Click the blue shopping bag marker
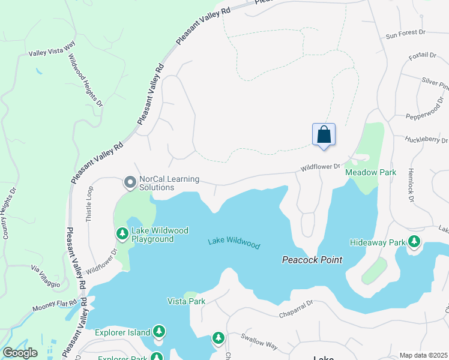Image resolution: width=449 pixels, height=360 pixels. tap(324, 134)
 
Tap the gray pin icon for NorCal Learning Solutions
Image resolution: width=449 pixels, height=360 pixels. tap(129, 181)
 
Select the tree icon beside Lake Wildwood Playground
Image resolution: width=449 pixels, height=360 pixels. tap(122, 233)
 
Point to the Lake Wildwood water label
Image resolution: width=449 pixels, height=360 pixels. tap(234, 243)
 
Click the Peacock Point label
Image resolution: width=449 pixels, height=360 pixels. tap(312, 260)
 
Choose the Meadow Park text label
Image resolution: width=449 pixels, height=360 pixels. tap(370, 172)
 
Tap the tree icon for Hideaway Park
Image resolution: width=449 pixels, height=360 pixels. tap(414, 242)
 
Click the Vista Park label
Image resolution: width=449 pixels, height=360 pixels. tap(186, 301)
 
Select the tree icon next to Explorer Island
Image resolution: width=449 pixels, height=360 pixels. tap(159, 331)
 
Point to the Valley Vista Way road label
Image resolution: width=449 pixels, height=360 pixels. tap(52, 53)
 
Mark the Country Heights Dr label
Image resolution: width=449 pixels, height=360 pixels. tap(10, 213)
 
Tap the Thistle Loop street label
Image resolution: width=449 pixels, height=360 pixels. tap(89, 205)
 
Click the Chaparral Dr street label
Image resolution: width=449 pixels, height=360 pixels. tap(296, 310)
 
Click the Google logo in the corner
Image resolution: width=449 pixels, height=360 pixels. tap(20, 353)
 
